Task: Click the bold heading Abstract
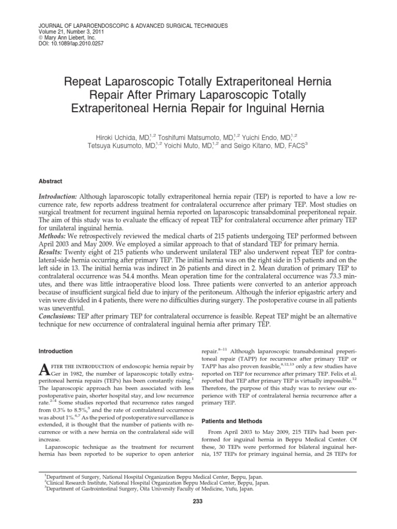(x=51, y=181)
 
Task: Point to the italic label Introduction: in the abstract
(x=58, y=198)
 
